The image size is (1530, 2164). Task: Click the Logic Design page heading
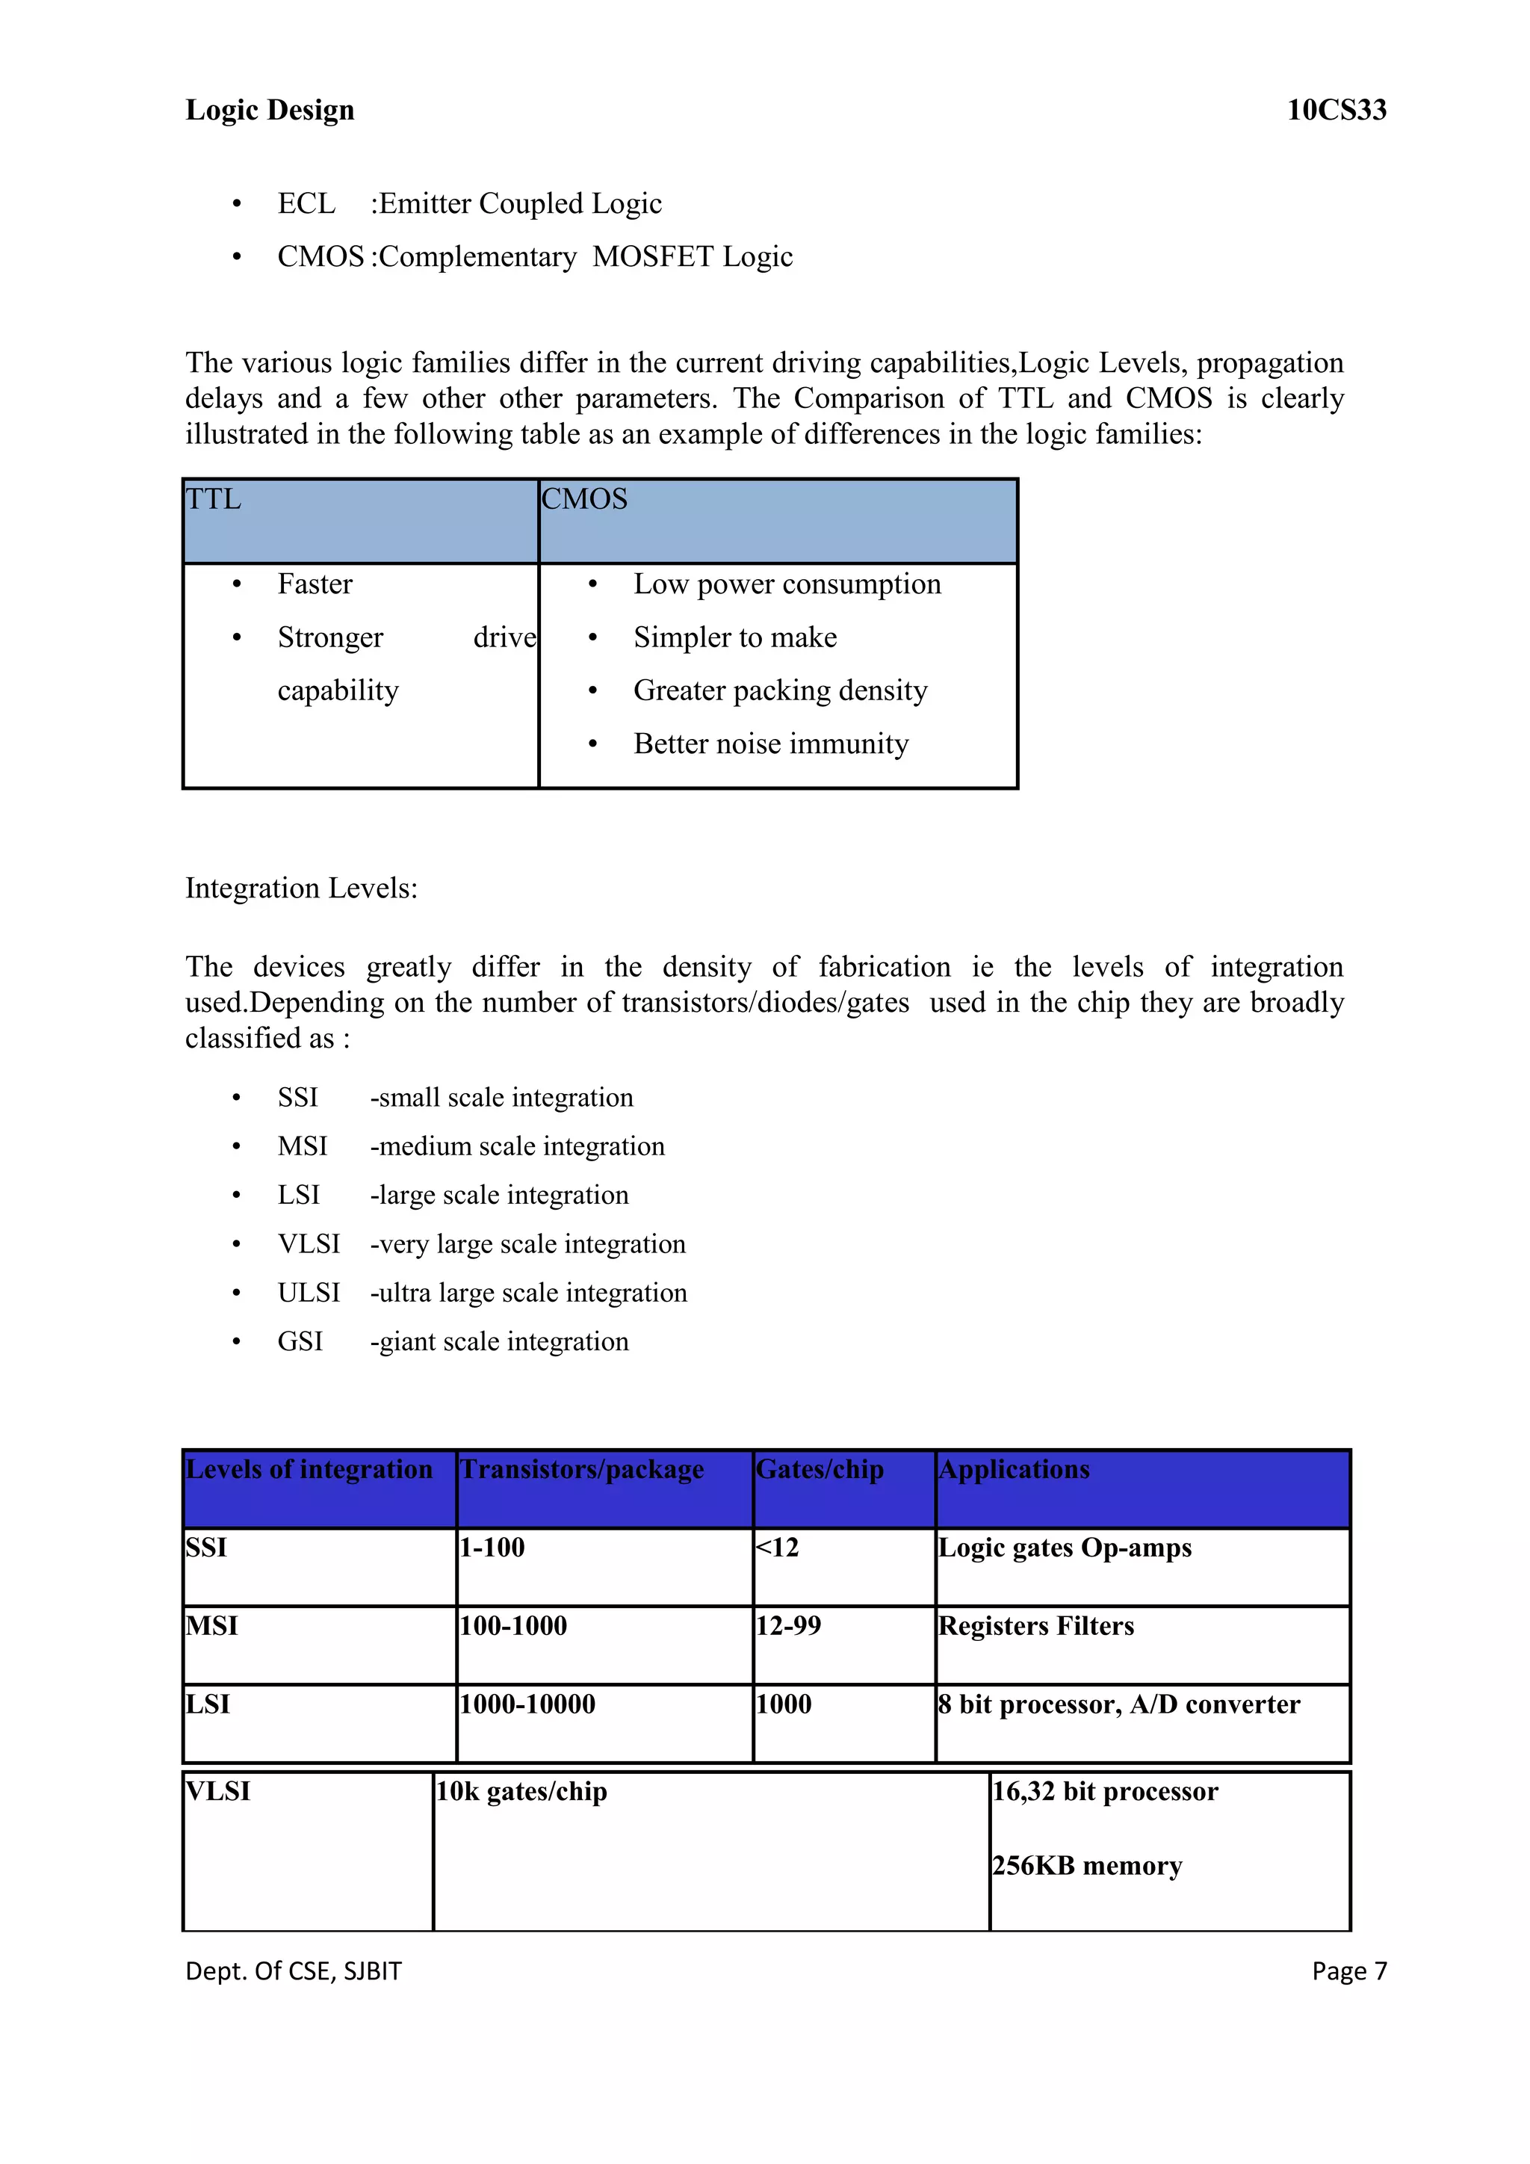click(x=270, y=111)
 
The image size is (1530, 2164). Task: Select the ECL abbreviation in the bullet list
click(x=306, y=203)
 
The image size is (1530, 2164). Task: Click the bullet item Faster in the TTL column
click(x=315, y=584)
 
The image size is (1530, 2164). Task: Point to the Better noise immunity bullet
click(x=771, y=744)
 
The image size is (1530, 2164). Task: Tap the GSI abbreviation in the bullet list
click(x=300, y=1341)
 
